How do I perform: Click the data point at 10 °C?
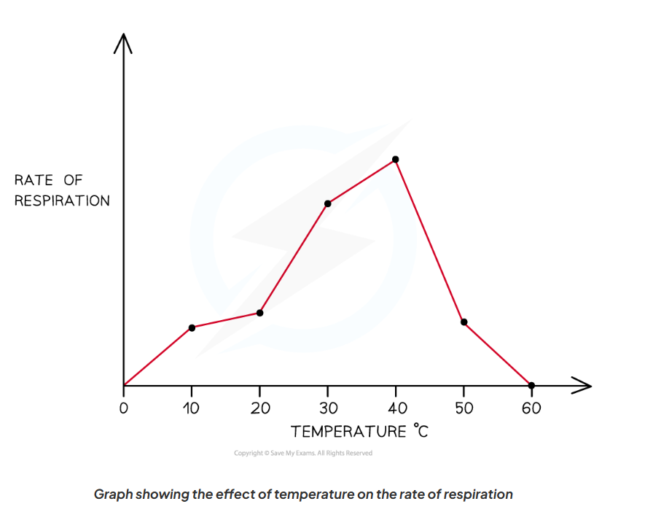tap(192, 327)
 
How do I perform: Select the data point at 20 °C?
tap(259, 313)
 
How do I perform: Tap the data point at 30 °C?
tap(328, 203)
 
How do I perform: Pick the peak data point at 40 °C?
tap(396, 159)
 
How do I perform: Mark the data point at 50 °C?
tap(464, 322)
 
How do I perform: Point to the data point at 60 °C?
tap(531, 385)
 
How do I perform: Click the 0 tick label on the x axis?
tap(124, 408)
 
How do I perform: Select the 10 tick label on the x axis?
tap(192, 408)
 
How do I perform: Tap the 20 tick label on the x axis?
tap(260, 408)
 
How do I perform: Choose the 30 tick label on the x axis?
tap(328, 408)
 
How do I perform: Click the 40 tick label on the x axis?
tap(396, 408)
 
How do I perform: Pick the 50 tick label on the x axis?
tap(464, 408)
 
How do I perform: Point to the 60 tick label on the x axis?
tap(531, 408)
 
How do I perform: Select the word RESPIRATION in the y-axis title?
tap(62, 201)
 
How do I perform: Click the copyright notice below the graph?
tap(303, 453)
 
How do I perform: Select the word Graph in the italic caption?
tap(113, 494)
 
